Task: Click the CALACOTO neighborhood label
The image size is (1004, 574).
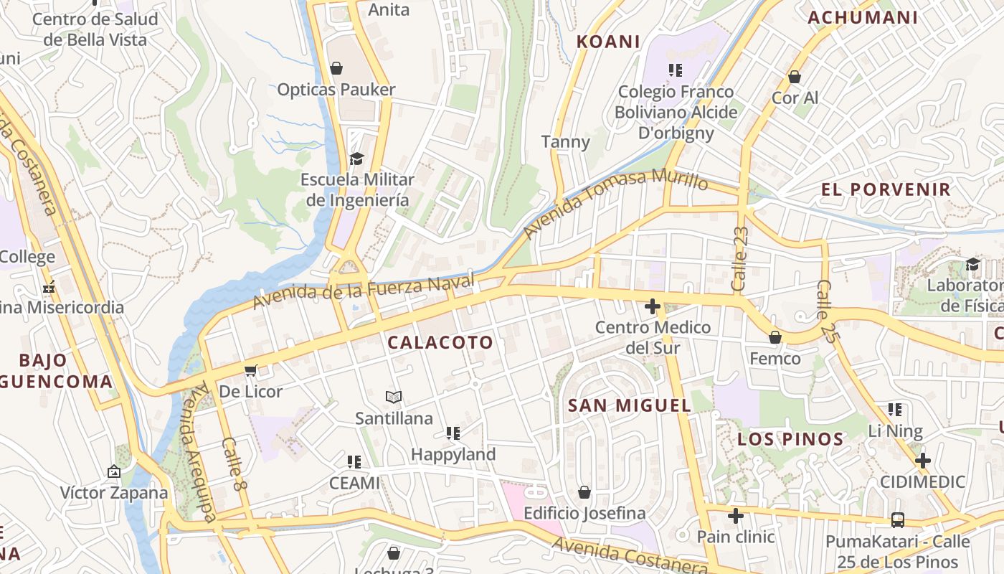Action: pyautogui.click(x=440, y=343)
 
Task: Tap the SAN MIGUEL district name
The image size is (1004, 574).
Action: pyautogui.click(x=630, y=405)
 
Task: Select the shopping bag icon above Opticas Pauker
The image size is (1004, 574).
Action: pyautogui.click(x=336, y=68)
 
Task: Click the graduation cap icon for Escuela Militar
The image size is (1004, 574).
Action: pyautogui.click(x=356, y=159)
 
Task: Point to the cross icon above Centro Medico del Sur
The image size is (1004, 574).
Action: pyautogui.click(x=652, y=307)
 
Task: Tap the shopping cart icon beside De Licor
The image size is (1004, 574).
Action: pyautogui.click(x=250, y=370)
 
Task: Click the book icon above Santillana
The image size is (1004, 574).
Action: pyautogui.click(x=393, y=397)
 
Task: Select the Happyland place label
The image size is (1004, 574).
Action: pyautogui.click(x=453, y=454)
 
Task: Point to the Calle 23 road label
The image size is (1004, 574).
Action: pyautogui.click(x=739, y=259)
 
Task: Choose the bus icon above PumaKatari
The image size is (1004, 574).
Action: pyautogui.click(x=897, y=519)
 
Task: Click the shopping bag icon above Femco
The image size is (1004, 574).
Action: pyautogui.click(x=775, y=337)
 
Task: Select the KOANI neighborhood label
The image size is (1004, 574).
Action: pyautogui.click(x=608, y=42)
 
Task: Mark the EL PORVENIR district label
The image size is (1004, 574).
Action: pyautogui.click(x=886, y=190)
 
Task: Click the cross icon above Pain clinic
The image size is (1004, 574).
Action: pyautogui.click(x=735, y=516)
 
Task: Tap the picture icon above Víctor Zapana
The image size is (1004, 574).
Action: pyautogui.click(x=113, y=471)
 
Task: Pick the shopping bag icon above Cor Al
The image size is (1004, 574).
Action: pyautogui.click(x=794, y=77)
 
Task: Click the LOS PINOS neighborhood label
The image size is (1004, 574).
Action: pyautogui.click(x=790, y=439)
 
